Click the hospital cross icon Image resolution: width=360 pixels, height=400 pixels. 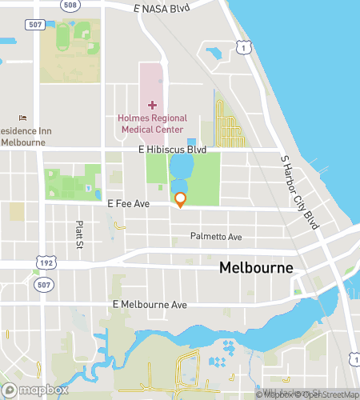pos(152,106)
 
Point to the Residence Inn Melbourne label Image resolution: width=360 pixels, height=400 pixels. pos(22,136)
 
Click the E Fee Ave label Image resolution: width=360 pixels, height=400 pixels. pos(129,205)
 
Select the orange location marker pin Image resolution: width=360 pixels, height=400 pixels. pos(181,199)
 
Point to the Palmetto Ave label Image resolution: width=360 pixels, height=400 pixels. pos(215,237)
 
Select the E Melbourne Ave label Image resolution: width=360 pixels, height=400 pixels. pos(150,305)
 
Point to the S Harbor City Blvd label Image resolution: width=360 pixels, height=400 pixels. pos(300,191)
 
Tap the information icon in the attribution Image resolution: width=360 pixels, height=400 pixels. pos(262,394)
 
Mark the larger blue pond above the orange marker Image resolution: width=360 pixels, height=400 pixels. pos(180,167)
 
